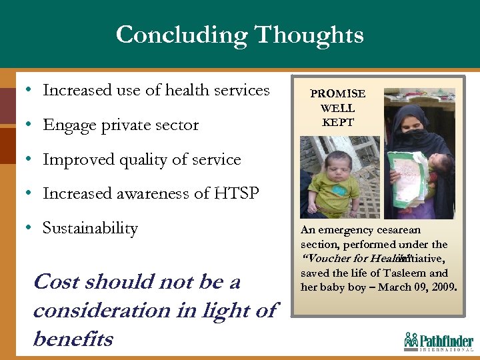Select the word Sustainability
click(x=90, y=228)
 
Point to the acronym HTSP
click(x=237, y=193)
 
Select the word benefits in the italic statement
click(x=73, y=339)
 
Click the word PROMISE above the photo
click(x=338, y=94)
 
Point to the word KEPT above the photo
click(x=338, y=122)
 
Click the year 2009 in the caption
click(x=443, y=287)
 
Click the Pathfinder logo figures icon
click(x=411, y=340)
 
